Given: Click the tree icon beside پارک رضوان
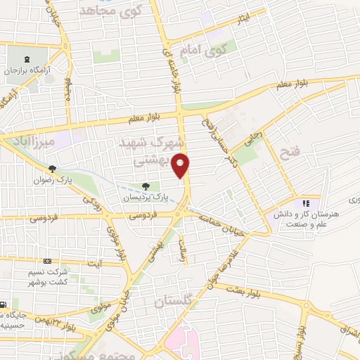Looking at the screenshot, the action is tap(52, 168).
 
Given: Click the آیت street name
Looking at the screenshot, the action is tap(94, 263).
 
